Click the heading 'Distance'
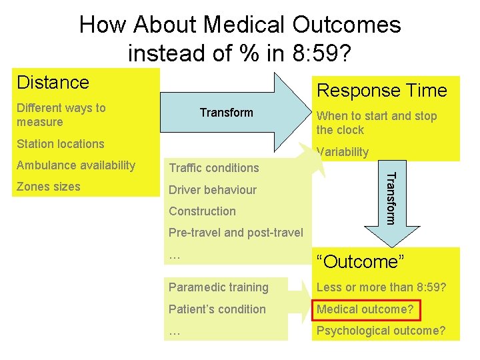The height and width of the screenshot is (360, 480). point(53,83)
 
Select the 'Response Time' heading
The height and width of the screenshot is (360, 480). point(381,91)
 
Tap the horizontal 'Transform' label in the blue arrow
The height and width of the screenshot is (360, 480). point(226,113)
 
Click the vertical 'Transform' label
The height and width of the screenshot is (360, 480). point(393,198)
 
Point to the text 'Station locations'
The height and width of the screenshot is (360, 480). point(61,144)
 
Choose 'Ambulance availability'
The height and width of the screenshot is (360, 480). point(76,165)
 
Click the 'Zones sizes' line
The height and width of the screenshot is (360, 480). point(48,187)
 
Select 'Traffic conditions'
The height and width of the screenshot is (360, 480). point(213,168)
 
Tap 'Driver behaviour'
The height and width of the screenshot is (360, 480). point(212,190)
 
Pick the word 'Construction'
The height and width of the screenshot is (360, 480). point(202,211)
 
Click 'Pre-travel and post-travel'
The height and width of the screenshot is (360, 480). point(235,233)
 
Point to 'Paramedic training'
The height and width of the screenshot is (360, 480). point(218,287)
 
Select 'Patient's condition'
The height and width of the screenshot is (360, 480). point(217,309)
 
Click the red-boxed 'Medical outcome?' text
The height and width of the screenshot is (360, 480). point(365,309)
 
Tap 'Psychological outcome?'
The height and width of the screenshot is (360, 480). point(381,331)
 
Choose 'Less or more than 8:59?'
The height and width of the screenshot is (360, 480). point(381,287)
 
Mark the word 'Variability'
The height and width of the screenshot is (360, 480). point(343,152)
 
